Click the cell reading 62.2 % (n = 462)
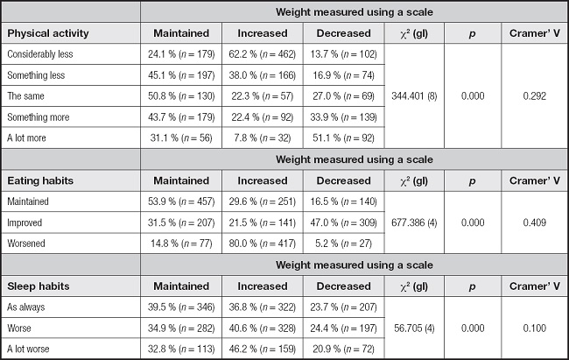[263, 54]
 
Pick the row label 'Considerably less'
[40, 54]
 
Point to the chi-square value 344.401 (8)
[414, 95]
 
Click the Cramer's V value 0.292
[535, 95]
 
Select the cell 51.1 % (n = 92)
[344, 138]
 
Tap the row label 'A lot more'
[26, 138]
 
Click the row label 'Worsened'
[26, 244]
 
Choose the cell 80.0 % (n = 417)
[263, 244]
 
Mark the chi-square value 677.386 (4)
[414, 222]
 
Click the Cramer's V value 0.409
[535, 222]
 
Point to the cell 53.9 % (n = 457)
[181, 201]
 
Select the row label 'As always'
[25, 307]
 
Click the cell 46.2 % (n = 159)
[263, 349]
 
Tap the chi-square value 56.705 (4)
[414, 328]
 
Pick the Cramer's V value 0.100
[535, 328]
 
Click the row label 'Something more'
[39, 117]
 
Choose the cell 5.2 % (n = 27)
[344, 244]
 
